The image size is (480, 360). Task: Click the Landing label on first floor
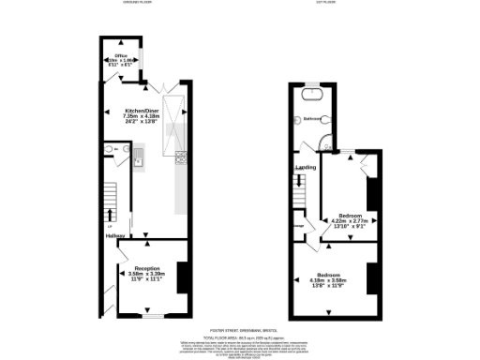306,167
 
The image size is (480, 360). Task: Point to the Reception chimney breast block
183,277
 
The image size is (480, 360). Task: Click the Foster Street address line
240,331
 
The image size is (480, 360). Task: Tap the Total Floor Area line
240,337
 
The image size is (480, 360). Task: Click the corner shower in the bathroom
325,142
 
